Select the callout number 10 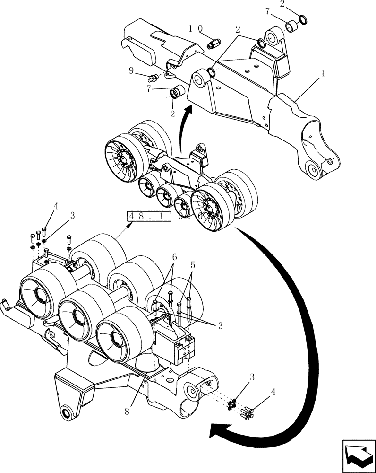coord(195,29)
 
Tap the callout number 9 coord(131,71)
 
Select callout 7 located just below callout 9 coord(149,88)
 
